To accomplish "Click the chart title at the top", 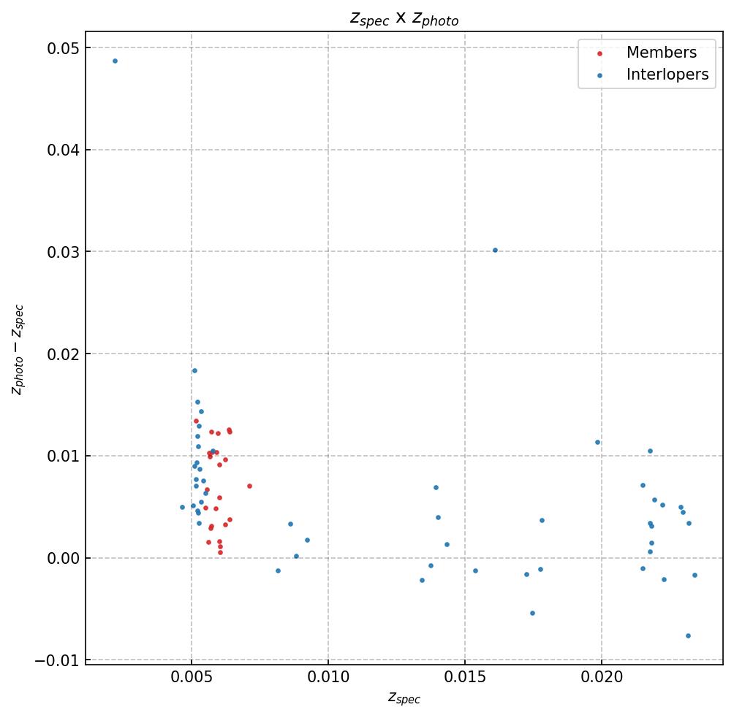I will point(404,19).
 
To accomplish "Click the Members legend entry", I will point(661,53).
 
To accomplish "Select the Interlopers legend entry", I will point(667,75).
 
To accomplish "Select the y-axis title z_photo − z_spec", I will point(18,349).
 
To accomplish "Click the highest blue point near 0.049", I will point(115,61).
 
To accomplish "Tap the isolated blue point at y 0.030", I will point(495,250).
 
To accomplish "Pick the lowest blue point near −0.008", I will point(688,635).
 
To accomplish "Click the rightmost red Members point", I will point(249,486).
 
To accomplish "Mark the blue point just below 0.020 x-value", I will point(597,442).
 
